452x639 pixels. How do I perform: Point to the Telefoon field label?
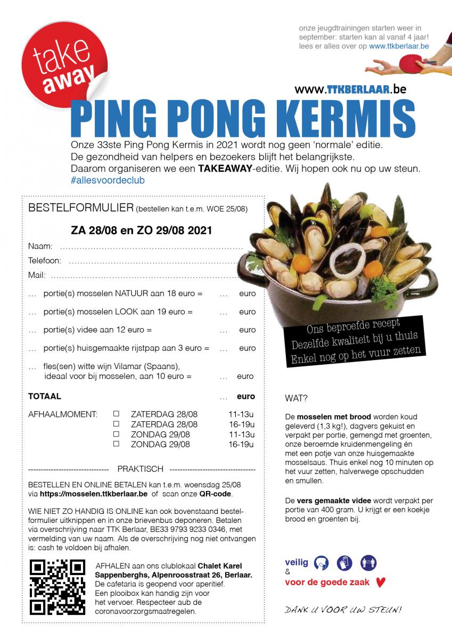(45, 261)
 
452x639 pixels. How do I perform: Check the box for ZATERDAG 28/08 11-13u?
(116, 413)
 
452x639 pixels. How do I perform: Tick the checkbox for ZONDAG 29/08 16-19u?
(116, 444)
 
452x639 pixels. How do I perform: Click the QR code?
(57, 586)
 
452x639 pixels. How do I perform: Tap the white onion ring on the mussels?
(347, 260)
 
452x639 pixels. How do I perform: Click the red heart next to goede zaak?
(380, 582)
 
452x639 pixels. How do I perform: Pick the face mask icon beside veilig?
(322, 562)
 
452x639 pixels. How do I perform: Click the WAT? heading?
(297, 398)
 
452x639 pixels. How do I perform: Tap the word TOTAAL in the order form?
(44, 396)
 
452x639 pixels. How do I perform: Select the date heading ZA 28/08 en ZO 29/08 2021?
(141, 231)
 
